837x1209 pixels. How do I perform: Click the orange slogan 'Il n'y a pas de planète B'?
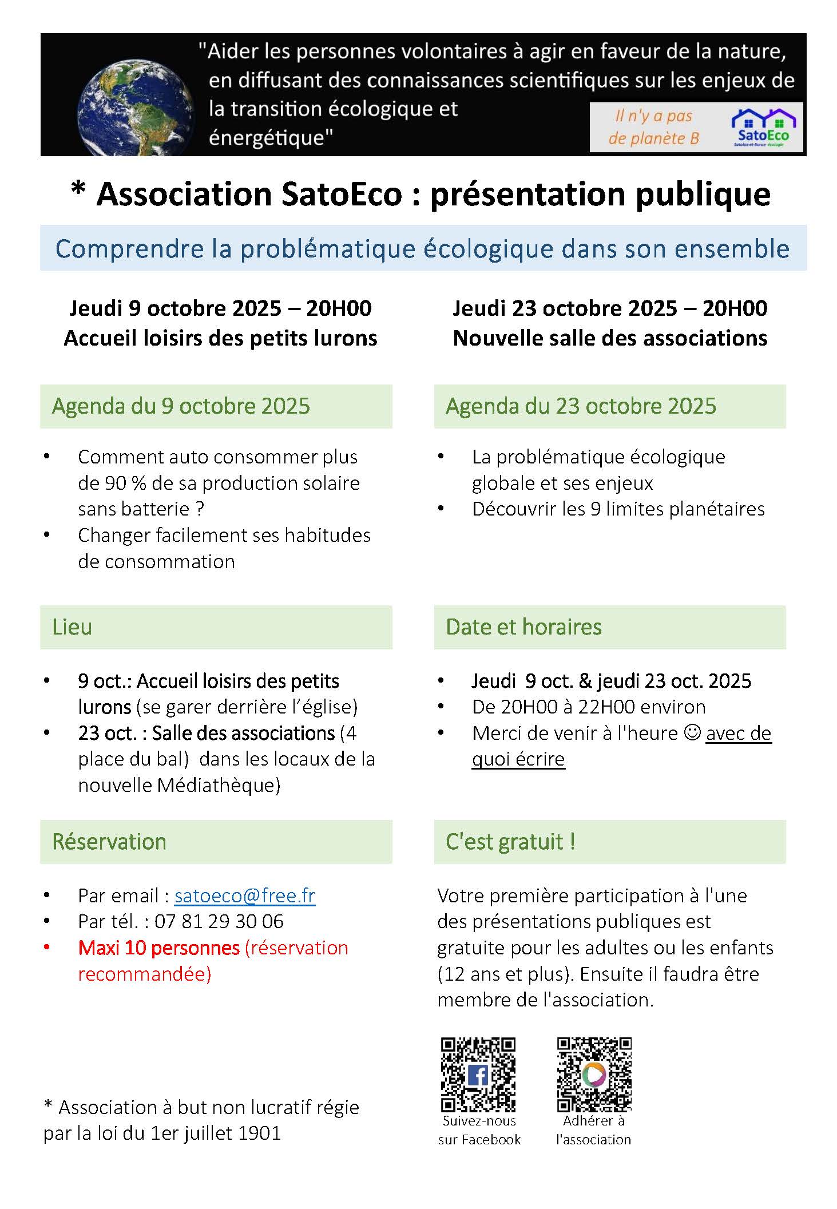(x=653, y=127)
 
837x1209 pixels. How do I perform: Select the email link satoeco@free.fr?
(x=244, y=895)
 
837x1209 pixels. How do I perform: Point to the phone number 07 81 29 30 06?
(x=219, y=921)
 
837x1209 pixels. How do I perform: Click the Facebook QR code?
(x=478, y=1075)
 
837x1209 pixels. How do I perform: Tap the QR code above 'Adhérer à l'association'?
(x=594, y=1075)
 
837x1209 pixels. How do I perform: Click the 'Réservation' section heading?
(x=109, y=842)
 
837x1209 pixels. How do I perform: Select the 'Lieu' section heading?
(x=72, y=627)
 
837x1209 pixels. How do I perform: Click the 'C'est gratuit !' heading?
(x=510, y=842)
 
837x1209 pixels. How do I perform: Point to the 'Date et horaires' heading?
(x=523, y=627)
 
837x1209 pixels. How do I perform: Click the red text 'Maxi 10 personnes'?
(x=158, y=948)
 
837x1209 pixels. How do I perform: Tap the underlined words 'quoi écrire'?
(x=518, y=759)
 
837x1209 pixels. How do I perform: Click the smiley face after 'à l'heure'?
(x=692, y=732)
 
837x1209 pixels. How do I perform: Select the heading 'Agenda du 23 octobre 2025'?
(x=581, y=406)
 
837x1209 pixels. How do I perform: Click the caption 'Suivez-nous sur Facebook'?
(x=479, y=1130)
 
